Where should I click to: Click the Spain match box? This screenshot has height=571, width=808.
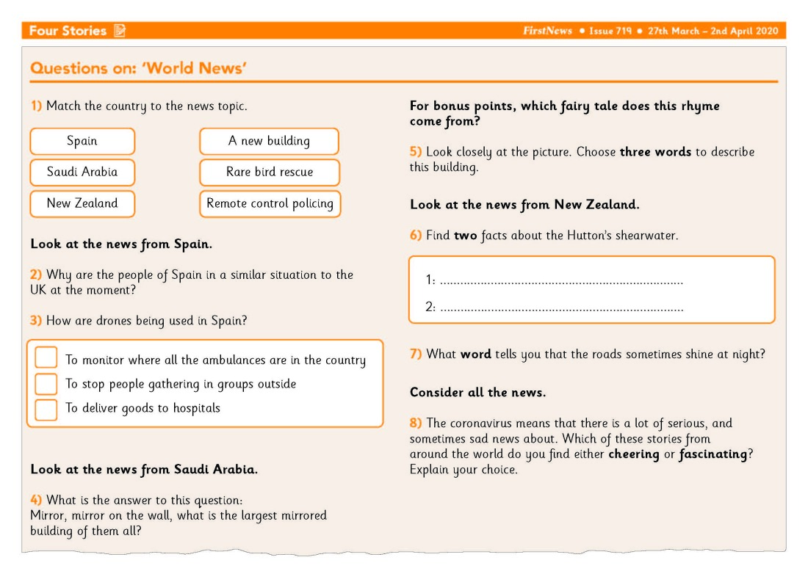(x=82, y=141)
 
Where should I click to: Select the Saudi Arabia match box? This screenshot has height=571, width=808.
(x=82, y=172)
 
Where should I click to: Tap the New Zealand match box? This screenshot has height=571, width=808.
(x=82, y=203)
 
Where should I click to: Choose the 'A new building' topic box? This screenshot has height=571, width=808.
(x=269, y=141)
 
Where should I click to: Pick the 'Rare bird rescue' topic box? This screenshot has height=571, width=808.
(x=270, y=172)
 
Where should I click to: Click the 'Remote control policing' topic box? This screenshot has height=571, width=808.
(x=270, y=203)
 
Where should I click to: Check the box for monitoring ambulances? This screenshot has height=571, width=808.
(x=46, y=358)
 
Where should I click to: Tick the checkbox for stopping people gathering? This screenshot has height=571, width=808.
(x=46, y=384)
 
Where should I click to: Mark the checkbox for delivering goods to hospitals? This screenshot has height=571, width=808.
(x=46, y=409)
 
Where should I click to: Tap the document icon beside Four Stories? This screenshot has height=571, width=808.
(x=120, y=31)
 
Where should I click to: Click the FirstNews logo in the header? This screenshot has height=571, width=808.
(x=547, y=32)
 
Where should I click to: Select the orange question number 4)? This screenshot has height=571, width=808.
(x=36, y=501)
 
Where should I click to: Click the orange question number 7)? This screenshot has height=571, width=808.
(x=416, y=354)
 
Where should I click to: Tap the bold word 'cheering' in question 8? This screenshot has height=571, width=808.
(x=633, y=454)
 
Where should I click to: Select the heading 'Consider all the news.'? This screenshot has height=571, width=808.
(x=477, y=393)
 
